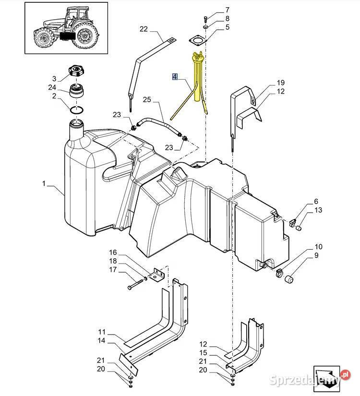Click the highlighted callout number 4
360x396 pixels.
(175, 76)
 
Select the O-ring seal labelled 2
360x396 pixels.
(76, 110)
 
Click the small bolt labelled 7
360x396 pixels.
(205, 19)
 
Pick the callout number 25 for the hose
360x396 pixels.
(147, 100)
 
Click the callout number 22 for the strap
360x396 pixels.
(144, 29)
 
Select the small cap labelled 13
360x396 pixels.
(299, 228)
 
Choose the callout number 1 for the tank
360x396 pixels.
(44, 184)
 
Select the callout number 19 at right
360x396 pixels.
(281, 83)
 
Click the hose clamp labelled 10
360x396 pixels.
(279, 272)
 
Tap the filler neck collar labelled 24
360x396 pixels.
(76, 90)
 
